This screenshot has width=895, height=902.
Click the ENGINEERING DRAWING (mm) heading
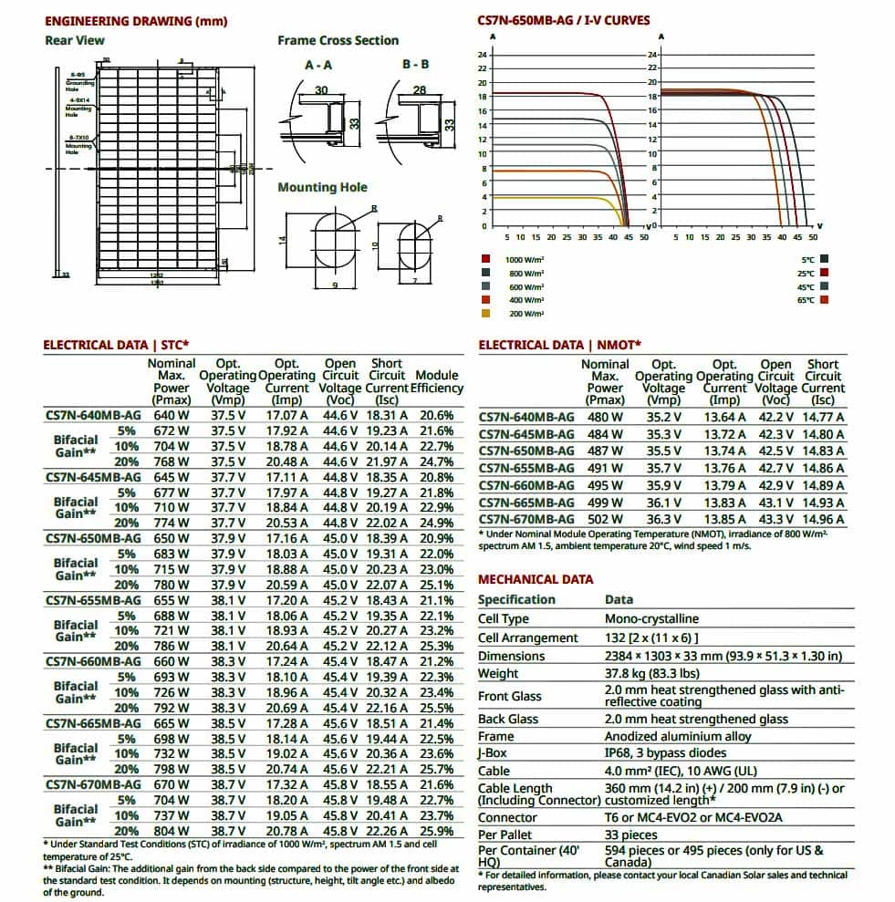[136, 21]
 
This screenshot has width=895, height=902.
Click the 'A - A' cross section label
[318, 66]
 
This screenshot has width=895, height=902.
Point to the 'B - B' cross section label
[415, 65]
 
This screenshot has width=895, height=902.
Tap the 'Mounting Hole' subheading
[322, 187]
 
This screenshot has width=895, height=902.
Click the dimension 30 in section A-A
[321, 90]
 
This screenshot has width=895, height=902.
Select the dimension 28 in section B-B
[420, 90]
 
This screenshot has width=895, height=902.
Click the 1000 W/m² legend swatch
[486, 259]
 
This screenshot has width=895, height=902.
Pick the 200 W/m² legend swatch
[486, 314]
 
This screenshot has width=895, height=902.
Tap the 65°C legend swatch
[825, 300]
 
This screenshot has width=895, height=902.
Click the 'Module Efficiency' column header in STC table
[436, 381]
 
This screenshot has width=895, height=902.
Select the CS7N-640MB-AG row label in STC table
[93, 415]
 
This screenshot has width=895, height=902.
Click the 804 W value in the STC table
[172, 831]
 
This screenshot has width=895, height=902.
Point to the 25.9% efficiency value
[435, 831]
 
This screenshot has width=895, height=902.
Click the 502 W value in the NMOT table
[605, 519]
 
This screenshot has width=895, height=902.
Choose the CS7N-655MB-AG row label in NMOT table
[526, 468]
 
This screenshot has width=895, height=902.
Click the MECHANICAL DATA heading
[536, 579]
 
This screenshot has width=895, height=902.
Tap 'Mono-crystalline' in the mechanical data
[650, 619]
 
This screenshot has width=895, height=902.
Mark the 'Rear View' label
[75, 40]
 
